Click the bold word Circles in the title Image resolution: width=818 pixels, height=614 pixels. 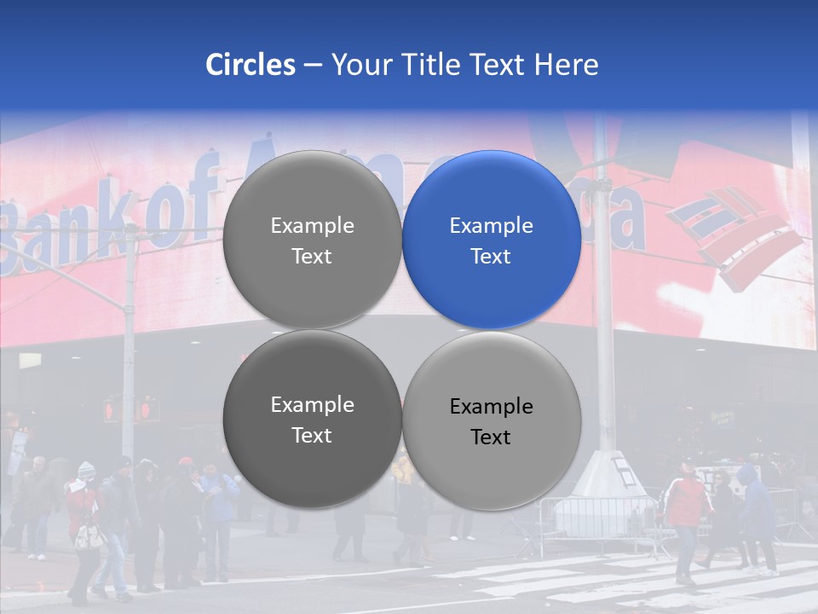click(251, 65)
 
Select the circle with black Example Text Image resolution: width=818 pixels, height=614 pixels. click(492, 420)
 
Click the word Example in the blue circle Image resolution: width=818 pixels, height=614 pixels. click(492, 226)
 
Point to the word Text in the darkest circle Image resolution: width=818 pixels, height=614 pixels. click(312, 436)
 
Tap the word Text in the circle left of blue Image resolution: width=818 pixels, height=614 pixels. click(312, 257)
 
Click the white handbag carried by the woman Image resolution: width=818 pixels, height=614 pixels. click(87, 536)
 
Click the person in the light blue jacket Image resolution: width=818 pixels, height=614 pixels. click(221, 503)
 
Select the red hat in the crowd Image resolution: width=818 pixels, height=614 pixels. click(186, 461)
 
